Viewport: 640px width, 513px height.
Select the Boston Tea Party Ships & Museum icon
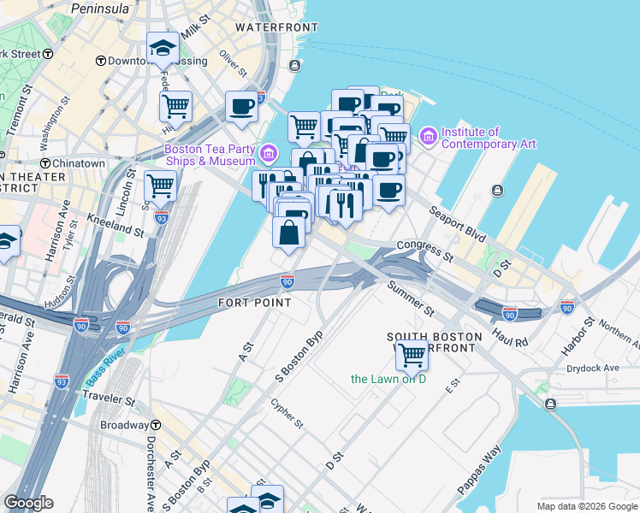click(x=269, y=153)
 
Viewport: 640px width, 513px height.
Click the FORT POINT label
click(x=254, y=303)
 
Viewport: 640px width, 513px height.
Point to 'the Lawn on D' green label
click(x=388, y=379)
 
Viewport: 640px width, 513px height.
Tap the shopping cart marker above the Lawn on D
click(x=412, y=355)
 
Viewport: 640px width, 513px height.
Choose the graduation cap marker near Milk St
click(x=162, y=49)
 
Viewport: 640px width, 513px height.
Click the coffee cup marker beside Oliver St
click(x=242, y=107)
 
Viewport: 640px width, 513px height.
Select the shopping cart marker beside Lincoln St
click(x=160, y=185)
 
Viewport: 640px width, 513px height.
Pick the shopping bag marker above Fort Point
click(x=289, y=231)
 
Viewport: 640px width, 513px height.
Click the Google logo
click(x=28, y=503)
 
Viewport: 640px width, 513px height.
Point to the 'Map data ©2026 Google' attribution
click(x=586, y=506)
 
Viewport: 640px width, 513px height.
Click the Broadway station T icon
click(x=156, y=425)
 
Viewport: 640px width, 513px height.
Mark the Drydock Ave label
click(x=592, y=369)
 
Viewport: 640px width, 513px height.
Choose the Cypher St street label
click(x=287, y=413)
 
